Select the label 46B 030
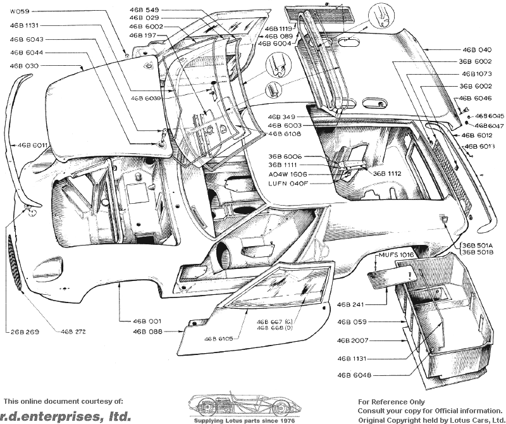point(24,66)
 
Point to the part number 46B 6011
point(33,146)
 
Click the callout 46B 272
point(73,331)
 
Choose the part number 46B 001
point(147,321)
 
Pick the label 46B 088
point(147,331)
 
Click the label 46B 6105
point(219,339)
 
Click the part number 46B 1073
point(476,73)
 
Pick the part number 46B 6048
point(354,375)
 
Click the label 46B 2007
point(354,340)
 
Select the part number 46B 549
point(144,11)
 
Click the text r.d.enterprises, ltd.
point(67,416)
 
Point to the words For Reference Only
point(392,401)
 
